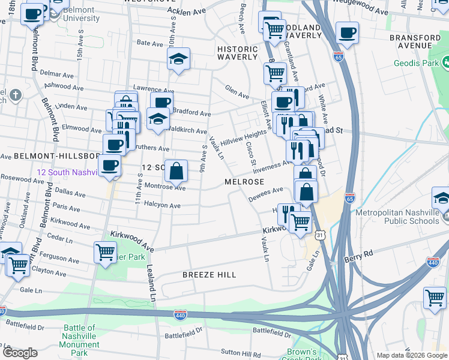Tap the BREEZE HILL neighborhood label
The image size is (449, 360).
pyautogui.click(x=209, y=275)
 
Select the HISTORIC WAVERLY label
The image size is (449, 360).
pyautogui.click(x=237, y=52)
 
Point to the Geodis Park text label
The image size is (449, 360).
pyautogui.click(x=415, y=63)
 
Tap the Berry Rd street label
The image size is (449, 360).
pyautogui.click(x=359, y=254)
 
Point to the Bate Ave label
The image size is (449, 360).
pyautogui.click(x=150, y=43)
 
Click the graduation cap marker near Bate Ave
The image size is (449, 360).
pyautogui.click(x=178, y=59)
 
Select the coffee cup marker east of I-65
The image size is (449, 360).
pyautogui.click(x=347, y=32)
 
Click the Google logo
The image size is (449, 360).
pyautogui.click(x=20, y=353)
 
